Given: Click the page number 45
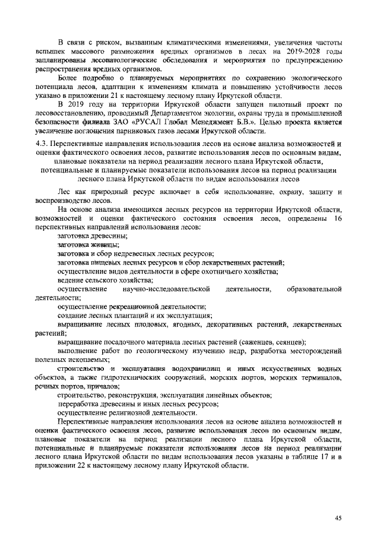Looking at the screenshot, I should point(338,518).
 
